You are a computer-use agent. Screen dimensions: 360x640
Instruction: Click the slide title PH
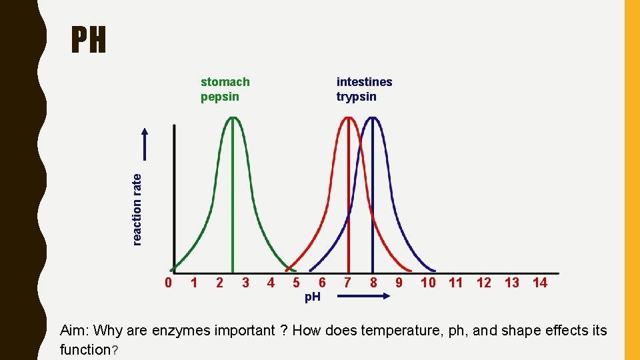click(x=89, y=41)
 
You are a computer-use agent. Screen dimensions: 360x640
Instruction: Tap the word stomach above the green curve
click(x=225, y=82)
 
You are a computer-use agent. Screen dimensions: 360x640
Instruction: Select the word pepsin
click(x=220, y=97)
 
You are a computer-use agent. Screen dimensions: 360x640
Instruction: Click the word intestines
click(x=364, y=82)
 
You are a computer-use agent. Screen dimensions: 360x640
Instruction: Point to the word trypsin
click(x=356, y=97)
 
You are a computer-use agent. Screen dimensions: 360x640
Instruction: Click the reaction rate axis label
click(x=137, y=209)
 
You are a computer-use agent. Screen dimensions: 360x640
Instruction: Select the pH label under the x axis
click(x=312, y=297)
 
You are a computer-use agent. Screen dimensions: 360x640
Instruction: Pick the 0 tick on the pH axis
click(x=169, y=283)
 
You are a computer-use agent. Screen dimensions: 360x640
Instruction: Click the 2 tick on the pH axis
click(x=219, y=283)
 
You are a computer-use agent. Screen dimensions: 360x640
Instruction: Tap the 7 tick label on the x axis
click(x=347, y=283)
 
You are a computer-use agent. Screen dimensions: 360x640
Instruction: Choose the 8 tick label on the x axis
click(x=373, y=283)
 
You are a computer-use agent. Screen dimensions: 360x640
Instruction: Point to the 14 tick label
click(x=540, y=283)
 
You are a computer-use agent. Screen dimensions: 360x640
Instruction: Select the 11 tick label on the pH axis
click(x=456, y=283)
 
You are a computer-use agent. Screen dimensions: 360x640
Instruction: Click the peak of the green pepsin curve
click(x=233, y=118)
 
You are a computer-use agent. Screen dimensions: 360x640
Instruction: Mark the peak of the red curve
click(x=349, y=118)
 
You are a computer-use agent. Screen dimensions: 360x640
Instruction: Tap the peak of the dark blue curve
click(x=373, y=118)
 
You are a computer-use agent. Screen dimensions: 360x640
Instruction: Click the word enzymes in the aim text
click(x=183, y=331)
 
